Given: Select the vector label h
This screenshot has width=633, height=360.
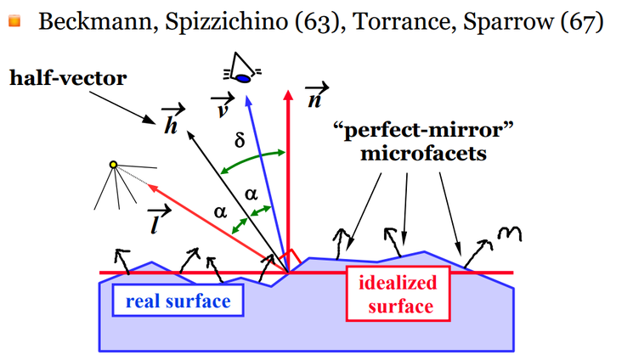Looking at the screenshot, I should (171, 122).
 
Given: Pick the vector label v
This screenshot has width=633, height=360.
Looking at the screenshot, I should (219, 105).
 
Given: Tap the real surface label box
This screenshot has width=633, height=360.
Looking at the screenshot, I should (175, 299).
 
